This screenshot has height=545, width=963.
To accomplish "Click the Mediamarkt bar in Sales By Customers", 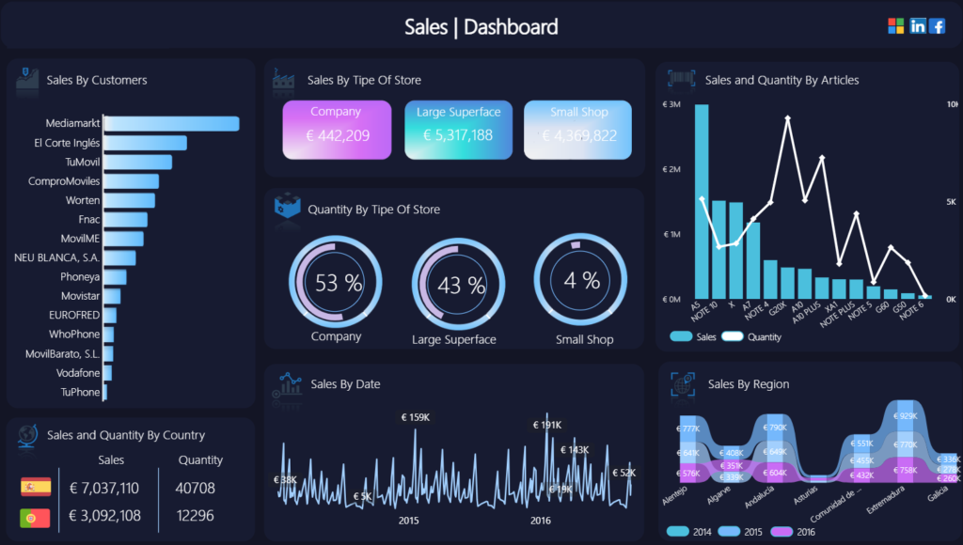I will coord(171,123).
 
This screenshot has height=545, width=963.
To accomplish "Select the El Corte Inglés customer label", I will coord(67,143).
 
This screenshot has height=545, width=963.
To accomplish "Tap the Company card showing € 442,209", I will coord(336,130).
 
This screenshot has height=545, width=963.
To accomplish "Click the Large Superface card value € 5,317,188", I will coord(458,135).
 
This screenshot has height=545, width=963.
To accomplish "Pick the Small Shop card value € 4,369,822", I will coord(579,135).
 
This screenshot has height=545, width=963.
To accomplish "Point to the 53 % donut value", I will coord(339,282).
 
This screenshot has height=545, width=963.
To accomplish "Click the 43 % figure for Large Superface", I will coord(462,284).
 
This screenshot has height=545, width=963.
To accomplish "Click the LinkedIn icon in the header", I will coord(918,26).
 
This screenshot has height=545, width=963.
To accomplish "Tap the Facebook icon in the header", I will coord(937,26).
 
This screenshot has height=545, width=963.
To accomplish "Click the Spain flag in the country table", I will coord(36,487).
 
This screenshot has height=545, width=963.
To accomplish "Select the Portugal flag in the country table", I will coord(36,516).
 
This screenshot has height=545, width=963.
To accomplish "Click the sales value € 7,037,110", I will coord(104,488).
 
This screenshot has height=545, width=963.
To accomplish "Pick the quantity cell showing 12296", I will coord(196,516).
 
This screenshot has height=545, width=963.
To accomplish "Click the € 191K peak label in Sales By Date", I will coord(547,425).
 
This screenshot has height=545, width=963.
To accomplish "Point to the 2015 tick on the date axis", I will coord(408,521).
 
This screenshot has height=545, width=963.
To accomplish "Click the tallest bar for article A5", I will coord(701,201).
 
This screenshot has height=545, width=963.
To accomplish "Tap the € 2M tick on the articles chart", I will coord(671,169).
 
